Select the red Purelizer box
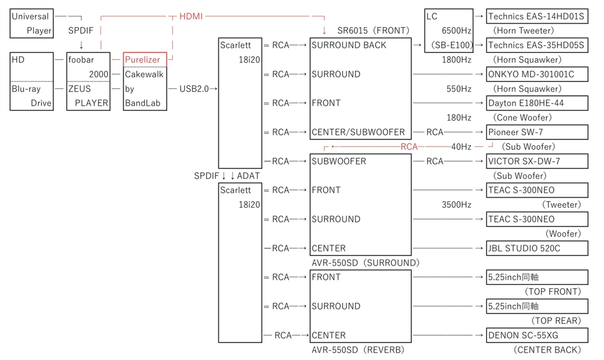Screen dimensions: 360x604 [x=145, y=60]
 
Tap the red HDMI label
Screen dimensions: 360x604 [x=191, y=17]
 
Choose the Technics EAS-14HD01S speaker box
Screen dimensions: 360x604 [x=537, y=17]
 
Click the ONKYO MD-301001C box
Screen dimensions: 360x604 [x=537, y=74]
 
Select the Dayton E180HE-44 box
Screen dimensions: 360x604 [x=537, y=103]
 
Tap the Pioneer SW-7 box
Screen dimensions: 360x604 [x=537, y=132]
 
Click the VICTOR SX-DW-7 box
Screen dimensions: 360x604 [x=537, y=161]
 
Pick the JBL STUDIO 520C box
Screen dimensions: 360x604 [x=537, y=248]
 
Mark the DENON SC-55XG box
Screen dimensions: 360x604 [x=537, y=335]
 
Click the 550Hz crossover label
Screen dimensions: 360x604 [x=459, y=89]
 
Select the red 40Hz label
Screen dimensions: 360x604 [x=461, y=147]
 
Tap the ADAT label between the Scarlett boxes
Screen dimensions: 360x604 [x=248, y=176]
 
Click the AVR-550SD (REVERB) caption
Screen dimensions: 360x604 [x=358, y=350]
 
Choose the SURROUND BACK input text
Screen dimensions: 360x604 [x=349, y=45]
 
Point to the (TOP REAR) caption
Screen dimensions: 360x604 [x=556, y=320]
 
